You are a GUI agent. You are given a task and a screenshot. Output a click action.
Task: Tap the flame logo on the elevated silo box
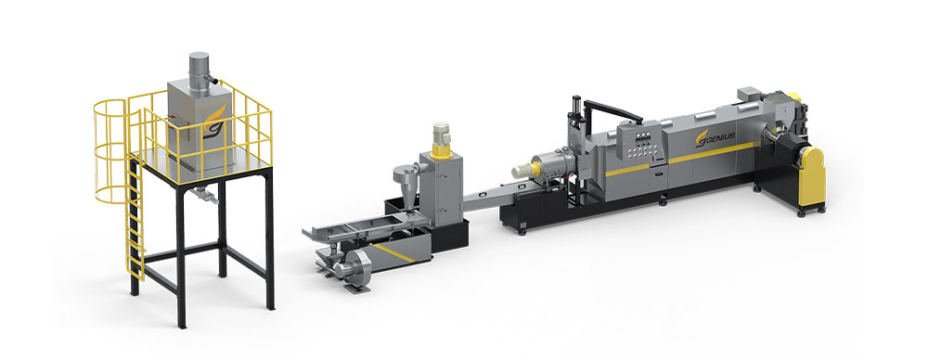tap(213, 122)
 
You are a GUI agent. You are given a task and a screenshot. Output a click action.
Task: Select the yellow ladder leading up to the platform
tap(135, 216)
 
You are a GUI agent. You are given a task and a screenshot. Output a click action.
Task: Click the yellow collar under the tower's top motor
tap(441, 152)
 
